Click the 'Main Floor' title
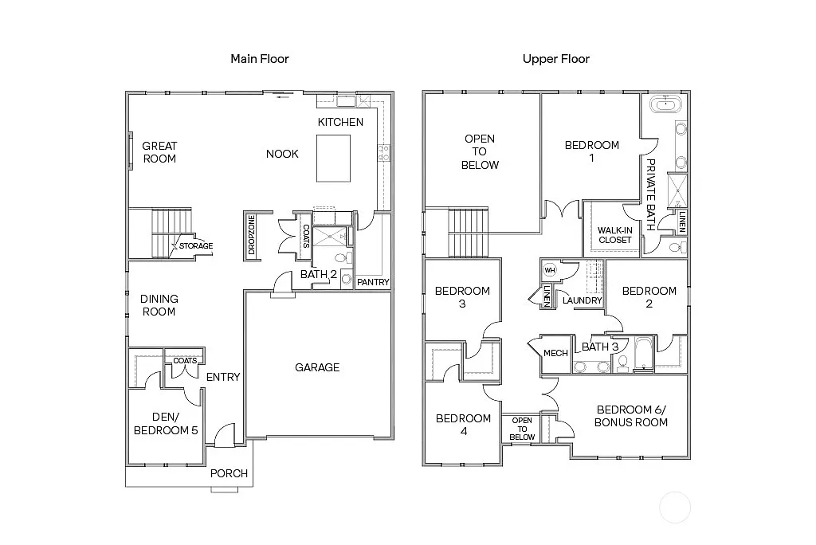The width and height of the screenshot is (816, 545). click(x=259, y=59)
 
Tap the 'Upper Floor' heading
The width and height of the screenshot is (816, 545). click(x=555, y=59)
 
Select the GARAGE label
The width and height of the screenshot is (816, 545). click(x=317, y=367)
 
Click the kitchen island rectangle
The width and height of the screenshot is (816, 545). click(x=334, y=158)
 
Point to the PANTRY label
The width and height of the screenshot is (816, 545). click(x=373, y=282)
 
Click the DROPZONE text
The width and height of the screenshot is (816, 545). click(x=252, y=235)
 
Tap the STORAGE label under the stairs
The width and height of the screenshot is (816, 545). click(x=195, y=246)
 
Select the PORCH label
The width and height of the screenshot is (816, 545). click(x=229, y=473)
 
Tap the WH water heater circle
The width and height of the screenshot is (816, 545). click(x=549, y=270)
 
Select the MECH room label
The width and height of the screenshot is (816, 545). click(x=555, y=353)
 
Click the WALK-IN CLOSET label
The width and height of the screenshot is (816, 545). click(x=614, y=235)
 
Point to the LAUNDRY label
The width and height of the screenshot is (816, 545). click(x=582, y=300)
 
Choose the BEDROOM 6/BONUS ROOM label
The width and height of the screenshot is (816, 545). click(x=630, y=416)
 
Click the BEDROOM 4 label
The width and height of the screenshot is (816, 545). click(x=462, y=425)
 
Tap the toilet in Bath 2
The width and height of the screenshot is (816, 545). click(x=342, y=258)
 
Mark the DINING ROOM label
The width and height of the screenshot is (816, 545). click(x=159, y=305)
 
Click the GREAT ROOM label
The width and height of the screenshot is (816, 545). click(x=159, y=152)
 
